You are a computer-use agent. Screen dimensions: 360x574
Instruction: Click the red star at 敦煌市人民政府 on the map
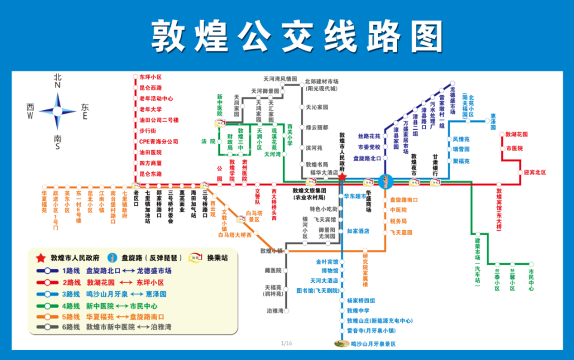[342, 177]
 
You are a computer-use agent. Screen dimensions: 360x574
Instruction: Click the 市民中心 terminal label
[531, 276]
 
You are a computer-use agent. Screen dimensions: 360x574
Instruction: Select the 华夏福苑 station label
[44, 202]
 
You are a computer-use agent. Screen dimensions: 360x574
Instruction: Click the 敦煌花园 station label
[517, 135]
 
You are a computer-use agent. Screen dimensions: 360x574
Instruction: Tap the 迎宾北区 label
[535, 172]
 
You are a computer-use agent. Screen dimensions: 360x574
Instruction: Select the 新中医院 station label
[220, 105]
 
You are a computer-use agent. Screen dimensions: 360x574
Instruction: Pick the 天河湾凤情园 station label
[280, 78]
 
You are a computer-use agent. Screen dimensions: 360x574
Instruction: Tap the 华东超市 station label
[355, 196]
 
